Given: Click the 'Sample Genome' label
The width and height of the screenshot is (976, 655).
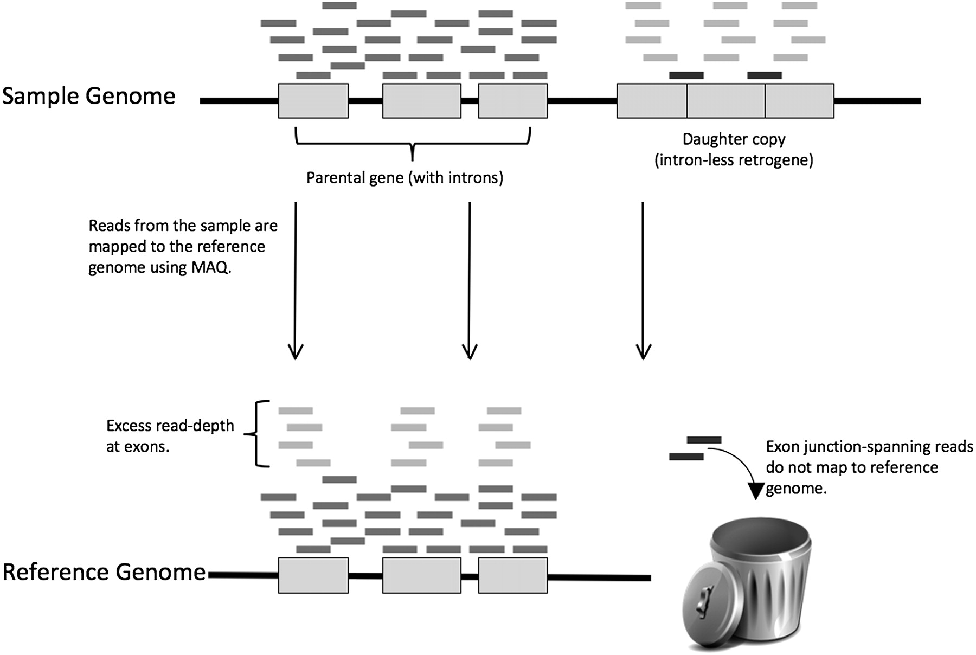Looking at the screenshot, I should (89, 97).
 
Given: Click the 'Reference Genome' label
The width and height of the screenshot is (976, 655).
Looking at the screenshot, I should (104, 573).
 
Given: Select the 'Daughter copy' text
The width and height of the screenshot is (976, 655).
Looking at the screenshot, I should (734, 139).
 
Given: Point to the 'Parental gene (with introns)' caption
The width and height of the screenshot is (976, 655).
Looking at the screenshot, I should (404, 178).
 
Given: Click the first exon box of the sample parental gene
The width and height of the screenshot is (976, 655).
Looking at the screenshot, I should (313, 101).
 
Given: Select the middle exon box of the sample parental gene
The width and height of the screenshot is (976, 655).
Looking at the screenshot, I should (421, 101).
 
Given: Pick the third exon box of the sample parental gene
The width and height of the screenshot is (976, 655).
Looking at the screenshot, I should (512, 101).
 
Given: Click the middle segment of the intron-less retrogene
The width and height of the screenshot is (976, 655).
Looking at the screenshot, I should (726, 101).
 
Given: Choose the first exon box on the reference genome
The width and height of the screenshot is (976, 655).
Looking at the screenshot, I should (313, 575).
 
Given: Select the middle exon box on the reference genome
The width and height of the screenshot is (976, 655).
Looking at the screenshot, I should (421, 575).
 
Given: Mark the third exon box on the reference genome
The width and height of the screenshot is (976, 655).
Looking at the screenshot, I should (512, 575).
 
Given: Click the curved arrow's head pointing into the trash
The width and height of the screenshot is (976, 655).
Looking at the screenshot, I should (755, 491).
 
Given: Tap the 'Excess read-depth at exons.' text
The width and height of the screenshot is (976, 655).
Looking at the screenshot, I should (170, 436).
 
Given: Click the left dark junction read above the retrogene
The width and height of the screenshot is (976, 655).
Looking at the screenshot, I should (686, 75).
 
